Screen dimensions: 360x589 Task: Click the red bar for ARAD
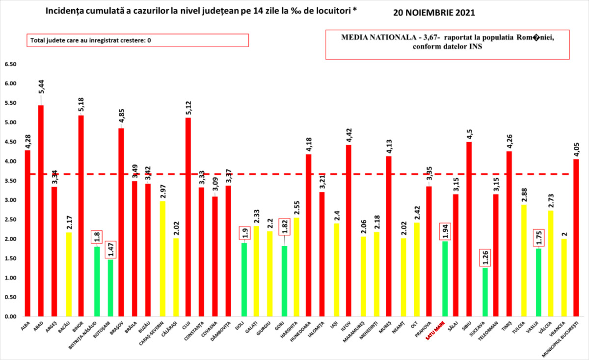[x=41, y=211]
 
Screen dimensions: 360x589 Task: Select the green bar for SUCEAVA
[x=485, y=292]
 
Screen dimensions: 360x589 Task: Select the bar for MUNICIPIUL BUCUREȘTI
[x=576, y=238]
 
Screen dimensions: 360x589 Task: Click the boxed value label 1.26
[x=484, y=257]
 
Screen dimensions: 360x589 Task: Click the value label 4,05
[x=576, y=146]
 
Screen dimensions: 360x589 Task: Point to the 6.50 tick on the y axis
[x=11, y=64]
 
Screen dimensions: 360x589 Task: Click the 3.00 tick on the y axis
[x=11, y=200]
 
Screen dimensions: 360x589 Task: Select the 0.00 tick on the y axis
[x=11, y=317]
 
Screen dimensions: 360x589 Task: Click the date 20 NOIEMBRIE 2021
[x=434, y=13]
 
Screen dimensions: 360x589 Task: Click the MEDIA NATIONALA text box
[x=447, y=45]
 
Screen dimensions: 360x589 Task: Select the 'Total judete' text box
[x=138, y=40]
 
